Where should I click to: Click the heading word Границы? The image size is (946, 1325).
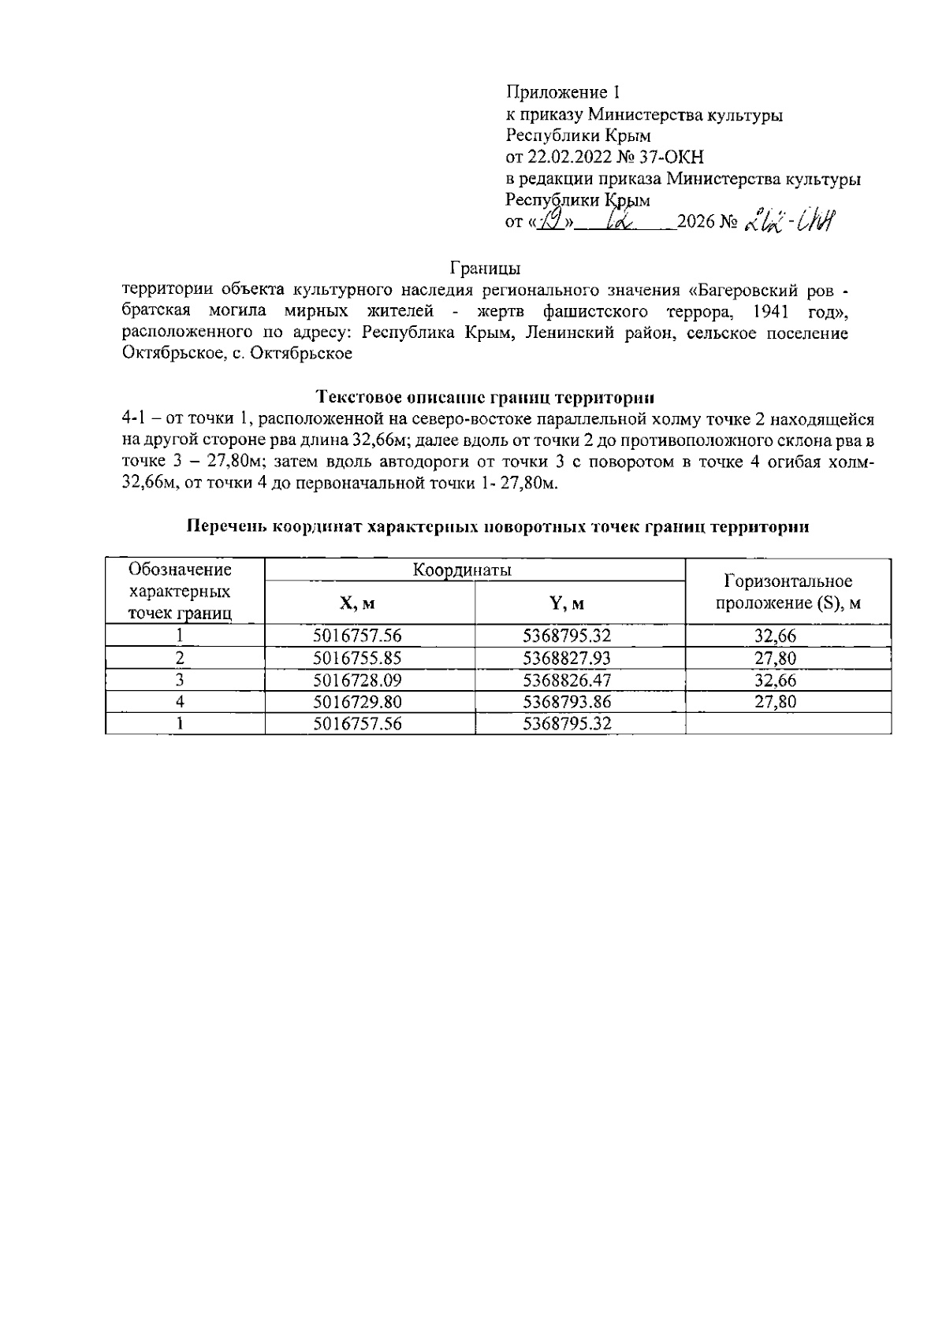[x=486, y=266]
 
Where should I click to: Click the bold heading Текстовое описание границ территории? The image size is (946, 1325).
[x=485, y=395]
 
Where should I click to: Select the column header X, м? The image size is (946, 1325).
[x=357, y=604]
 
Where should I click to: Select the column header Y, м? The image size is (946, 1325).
[x=567, y=604]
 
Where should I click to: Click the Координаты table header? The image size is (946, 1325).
[x=462, y=570]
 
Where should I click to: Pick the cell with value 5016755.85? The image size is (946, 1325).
[x=357, y=659]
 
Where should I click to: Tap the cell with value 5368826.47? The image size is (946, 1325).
[x=567, y=680]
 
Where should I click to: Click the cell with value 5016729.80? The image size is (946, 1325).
[x=357, y=702]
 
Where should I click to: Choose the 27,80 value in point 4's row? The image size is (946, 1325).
[x=775, y=702]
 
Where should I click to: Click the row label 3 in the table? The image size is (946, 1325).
[x=181, y=680]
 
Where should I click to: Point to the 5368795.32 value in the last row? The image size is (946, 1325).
[x=567, y=723]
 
